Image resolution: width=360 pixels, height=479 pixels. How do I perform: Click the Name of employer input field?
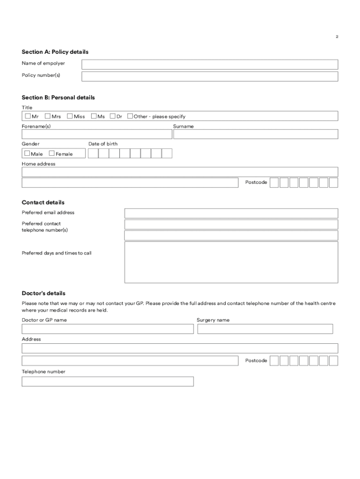pyautogui.click(x=209, y=65)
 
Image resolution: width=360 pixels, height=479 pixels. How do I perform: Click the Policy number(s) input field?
pyautogui.click(x=209, y=76)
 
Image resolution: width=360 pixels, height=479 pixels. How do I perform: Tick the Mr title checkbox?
pyautogui.click(x=28, y=116)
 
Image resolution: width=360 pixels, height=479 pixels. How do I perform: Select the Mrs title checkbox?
pyautogui.click(x=48, y=116)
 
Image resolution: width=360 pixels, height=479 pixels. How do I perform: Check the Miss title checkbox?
pyautogui.click(x=70, y=116)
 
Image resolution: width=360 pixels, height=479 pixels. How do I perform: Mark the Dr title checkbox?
pyautogui.click(x=113, y=116)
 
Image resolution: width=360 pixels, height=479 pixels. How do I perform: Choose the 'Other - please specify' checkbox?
pyautogui.click(x=130, y=116)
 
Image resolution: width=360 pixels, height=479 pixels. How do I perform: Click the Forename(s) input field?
pyautogui.click(x=97, y=134)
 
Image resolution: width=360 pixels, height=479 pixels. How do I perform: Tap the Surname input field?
pyautogui.click(x=255, y=134)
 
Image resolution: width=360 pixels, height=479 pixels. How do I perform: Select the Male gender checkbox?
pyautogui.click(x=27, y=153)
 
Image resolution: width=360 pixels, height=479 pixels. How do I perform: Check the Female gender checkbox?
pyautogui.click(x=51, y=153)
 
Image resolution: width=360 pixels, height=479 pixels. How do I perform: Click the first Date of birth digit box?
pyautogui.click(x=93, y=153)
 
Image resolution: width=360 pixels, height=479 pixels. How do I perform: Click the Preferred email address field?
pyautogui.click(x=231, y=213)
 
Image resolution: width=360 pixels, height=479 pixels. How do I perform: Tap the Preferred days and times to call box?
pyautogui.click(x=231, y=262)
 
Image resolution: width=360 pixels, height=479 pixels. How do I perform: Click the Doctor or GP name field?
pyautogui.click(x=108, y=329)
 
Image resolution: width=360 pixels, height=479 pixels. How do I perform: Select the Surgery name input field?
pyautogui.click(x=265, y=329)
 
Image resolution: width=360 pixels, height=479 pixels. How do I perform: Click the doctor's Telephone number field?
pyautogui.click(x=108, y=381)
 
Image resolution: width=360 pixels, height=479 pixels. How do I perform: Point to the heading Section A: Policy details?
pyautogui.click(x=55, y=52)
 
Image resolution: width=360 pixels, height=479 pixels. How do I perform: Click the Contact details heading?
pyautogui.click(x=43, y=203)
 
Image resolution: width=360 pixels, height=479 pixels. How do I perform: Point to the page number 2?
pyautogui.click(x=337, y=36)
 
